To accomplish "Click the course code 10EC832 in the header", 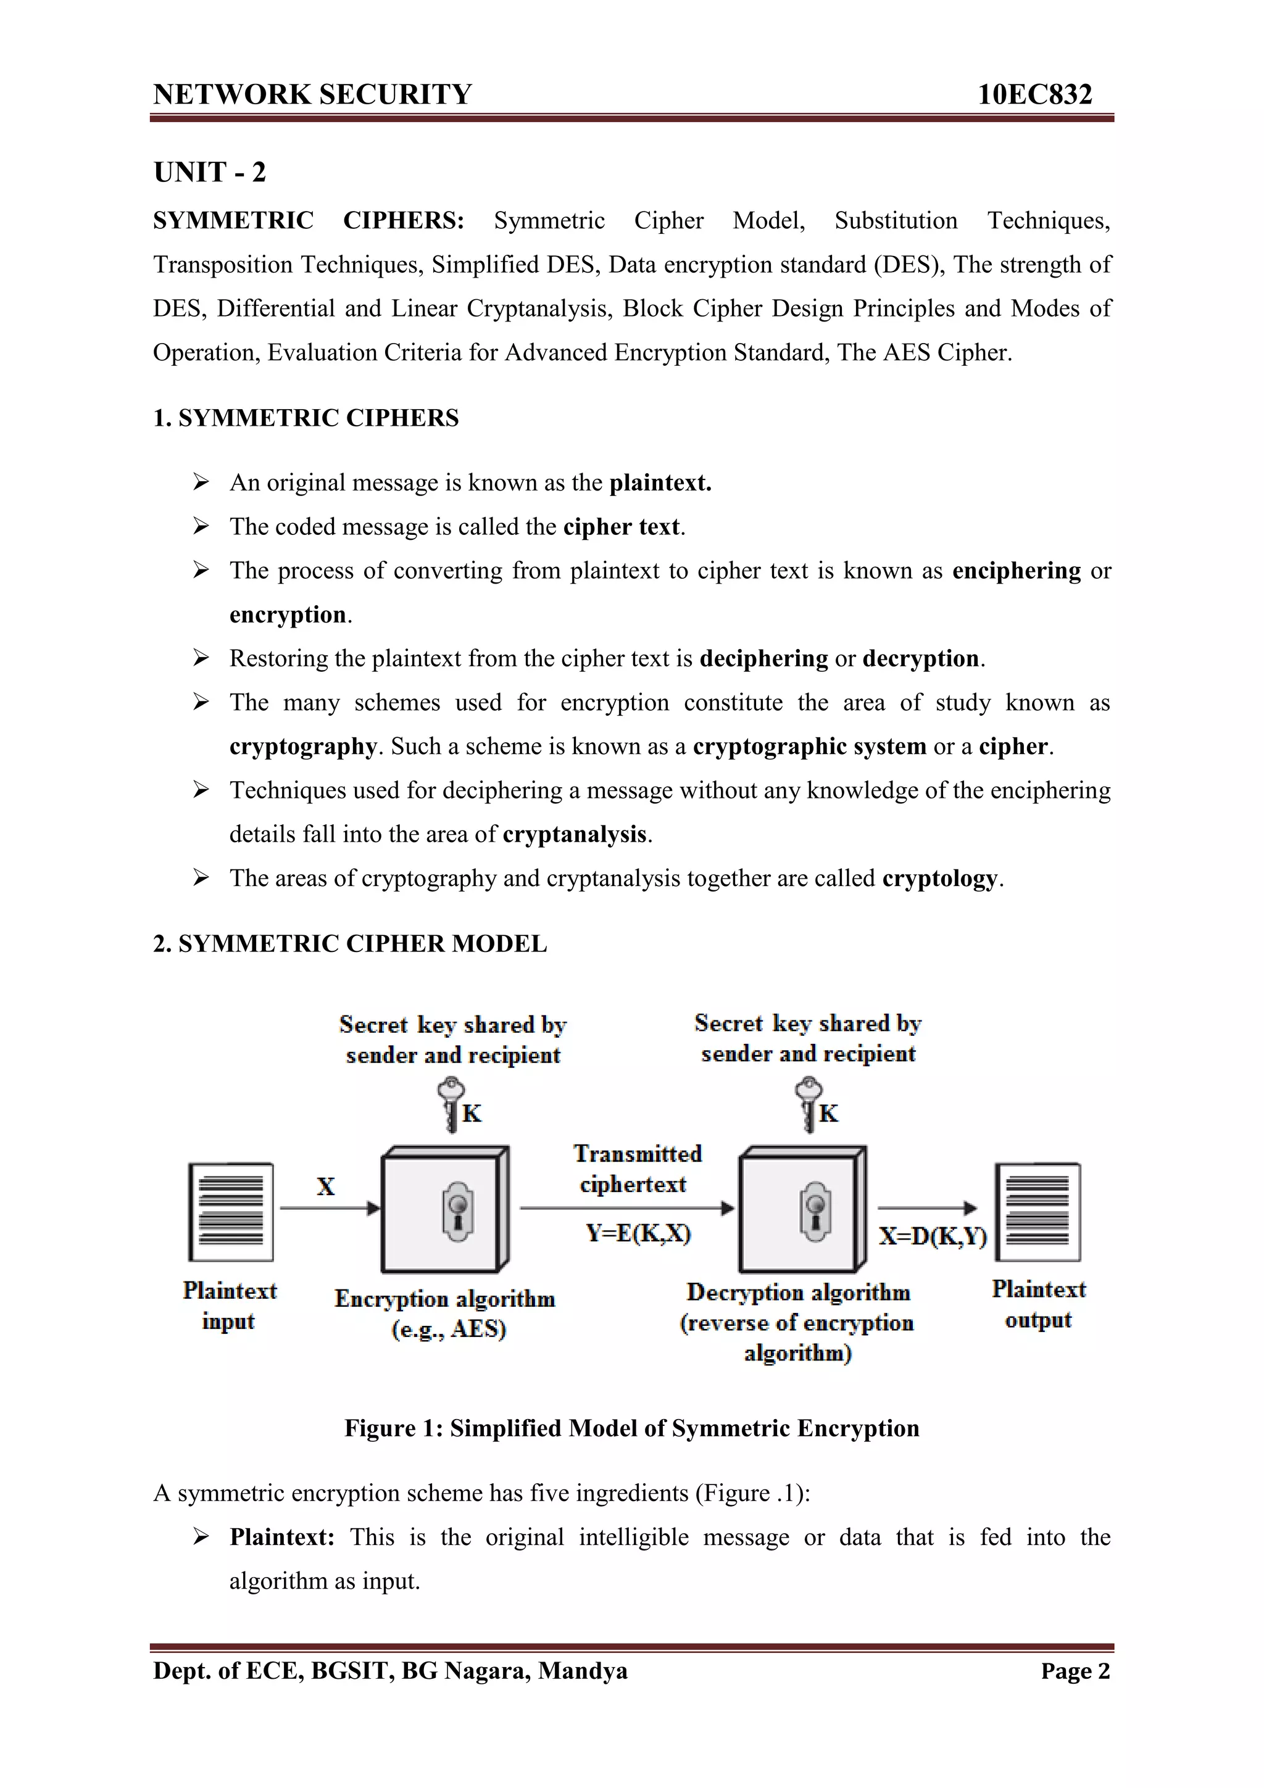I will click(x=1034, y=95).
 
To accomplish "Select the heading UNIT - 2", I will click(x=209, y=172).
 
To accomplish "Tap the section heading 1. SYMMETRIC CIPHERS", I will click(x=306, y=418).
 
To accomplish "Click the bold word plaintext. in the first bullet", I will click(x=660, y=483).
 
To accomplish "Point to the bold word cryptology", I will click(x=940, y=879).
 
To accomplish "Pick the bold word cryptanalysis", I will click(x=575, y=835).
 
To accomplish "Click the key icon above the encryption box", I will click(x=451, y=1104).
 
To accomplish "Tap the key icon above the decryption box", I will click(x=809, y=1104).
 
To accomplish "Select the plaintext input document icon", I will click(x=231, y=1212).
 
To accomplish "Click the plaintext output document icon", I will click(x=1037, y=1212).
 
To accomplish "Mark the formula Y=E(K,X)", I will click(x=638, y=1233).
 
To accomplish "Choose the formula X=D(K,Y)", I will click(x=932, y=1236).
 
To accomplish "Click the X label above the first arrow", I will click(x=325, y=1187).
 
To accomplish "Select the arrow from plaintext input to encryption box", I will click(x=330, y=1208).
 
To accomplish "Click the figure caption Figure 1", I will click(x=631, y=1428).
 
